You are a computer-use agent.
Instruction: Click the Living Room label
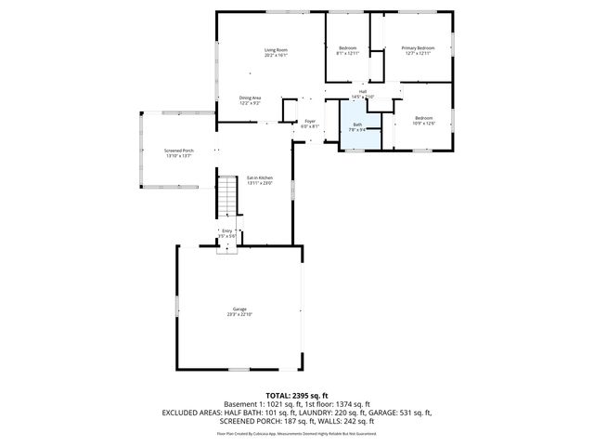pyautogui.click(x=276, y=49)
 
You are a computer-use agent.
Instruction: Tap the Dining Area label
pyautogui.click(x=250, y=98)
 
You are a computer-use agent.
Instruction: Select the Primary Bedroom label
pyautogui.click(x=418, y=47)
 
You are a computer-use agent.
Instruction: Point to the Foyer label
pyautogui.click(x=311, y=121)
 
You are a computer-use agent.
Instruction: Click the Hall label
pyautogui.click(x=362, y=91)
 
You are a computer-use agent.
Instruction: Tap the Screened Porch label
pyautogui.click(x=179, y=151)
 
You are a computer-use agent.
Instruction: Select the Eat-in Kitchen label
pyautogui.click(x=260, y=177)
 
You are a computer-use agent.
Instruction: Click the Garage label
pyautogui.click(x=239, y=308)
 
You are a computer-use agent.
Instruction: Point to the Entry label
pyautogui.click(x=227, y=230)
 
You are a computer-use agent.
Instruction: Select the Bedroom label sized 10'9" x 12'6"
pyautogui.click(x=423, y=118)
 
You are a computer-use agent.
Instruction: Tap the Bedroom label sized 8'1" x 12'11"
pyautogui.click(x=348, y=47)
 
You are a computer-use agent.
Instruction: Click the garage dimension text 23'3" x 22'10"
pyautogui.click(x=239, y=315)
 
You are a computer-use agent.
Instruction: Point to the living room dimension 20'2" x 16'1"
pyautogui.click(x=276, y=56)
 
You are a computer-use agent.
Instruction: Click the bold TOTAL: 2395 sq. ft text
pyautogui.click(x=297, y=395)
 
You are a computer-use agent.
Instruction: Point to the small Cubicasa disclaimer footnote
pyautogui.click(x=297, y=433)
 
